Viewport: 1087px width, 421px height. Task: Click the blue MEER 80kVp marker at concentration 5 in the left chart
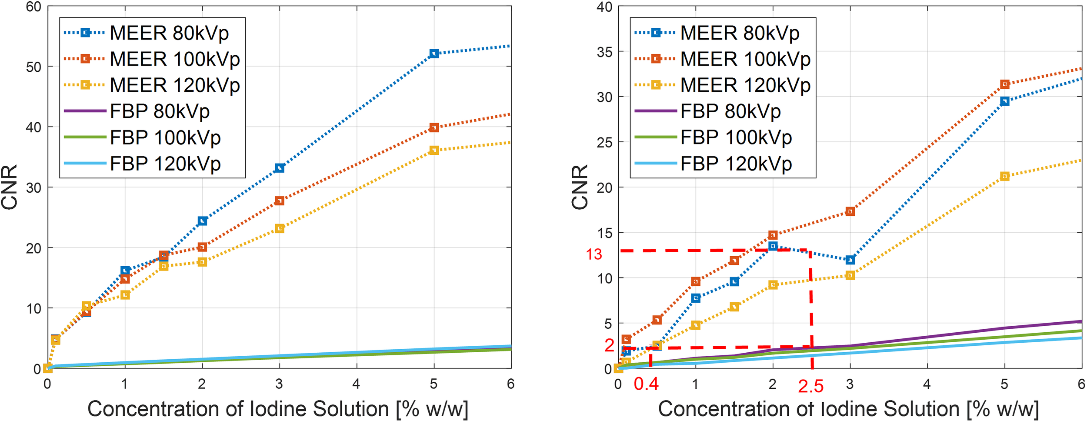(433, 53)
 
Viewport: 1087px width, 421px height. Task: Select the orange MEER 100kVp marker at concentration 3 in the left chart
(280, 201)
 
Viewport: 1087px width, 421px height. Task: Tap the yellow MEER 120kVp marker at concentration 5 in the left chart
(433, 150)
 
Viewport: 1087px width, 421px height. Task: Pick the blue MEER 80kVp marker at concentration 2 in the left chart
(202, 221)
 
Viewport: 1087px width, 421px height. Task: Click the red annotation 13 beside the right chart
(594, 254)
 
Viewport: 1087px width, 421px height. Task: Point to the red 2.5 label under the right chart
(810, 386)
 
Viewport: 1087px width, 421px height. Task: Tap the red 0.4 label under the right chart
(646, 384)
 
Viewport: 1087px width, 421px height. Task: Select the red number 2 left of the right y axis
(609, 345)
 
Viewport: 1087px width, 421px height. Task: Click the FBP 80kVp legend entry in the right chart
(730, 111)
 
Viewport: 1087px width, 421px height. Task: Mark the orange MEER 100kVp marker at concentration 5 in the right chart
(1004, 84)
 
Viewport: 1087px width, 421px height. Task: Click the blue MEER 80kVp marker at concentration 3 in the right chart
(850, 260)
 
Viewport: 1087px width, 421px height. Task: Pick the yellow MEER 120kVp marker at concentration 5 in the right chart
(1004, 176)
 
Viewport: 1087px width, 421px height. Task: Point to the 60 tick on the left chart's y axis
(33, 7)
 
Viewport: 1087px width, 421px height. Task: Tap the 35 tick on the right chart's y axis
(604, 52)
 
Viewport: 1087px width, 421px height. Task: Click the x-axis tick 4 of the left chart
(356, 384)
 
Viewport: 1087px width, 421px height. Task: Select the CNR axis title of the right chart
(580, 187)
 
